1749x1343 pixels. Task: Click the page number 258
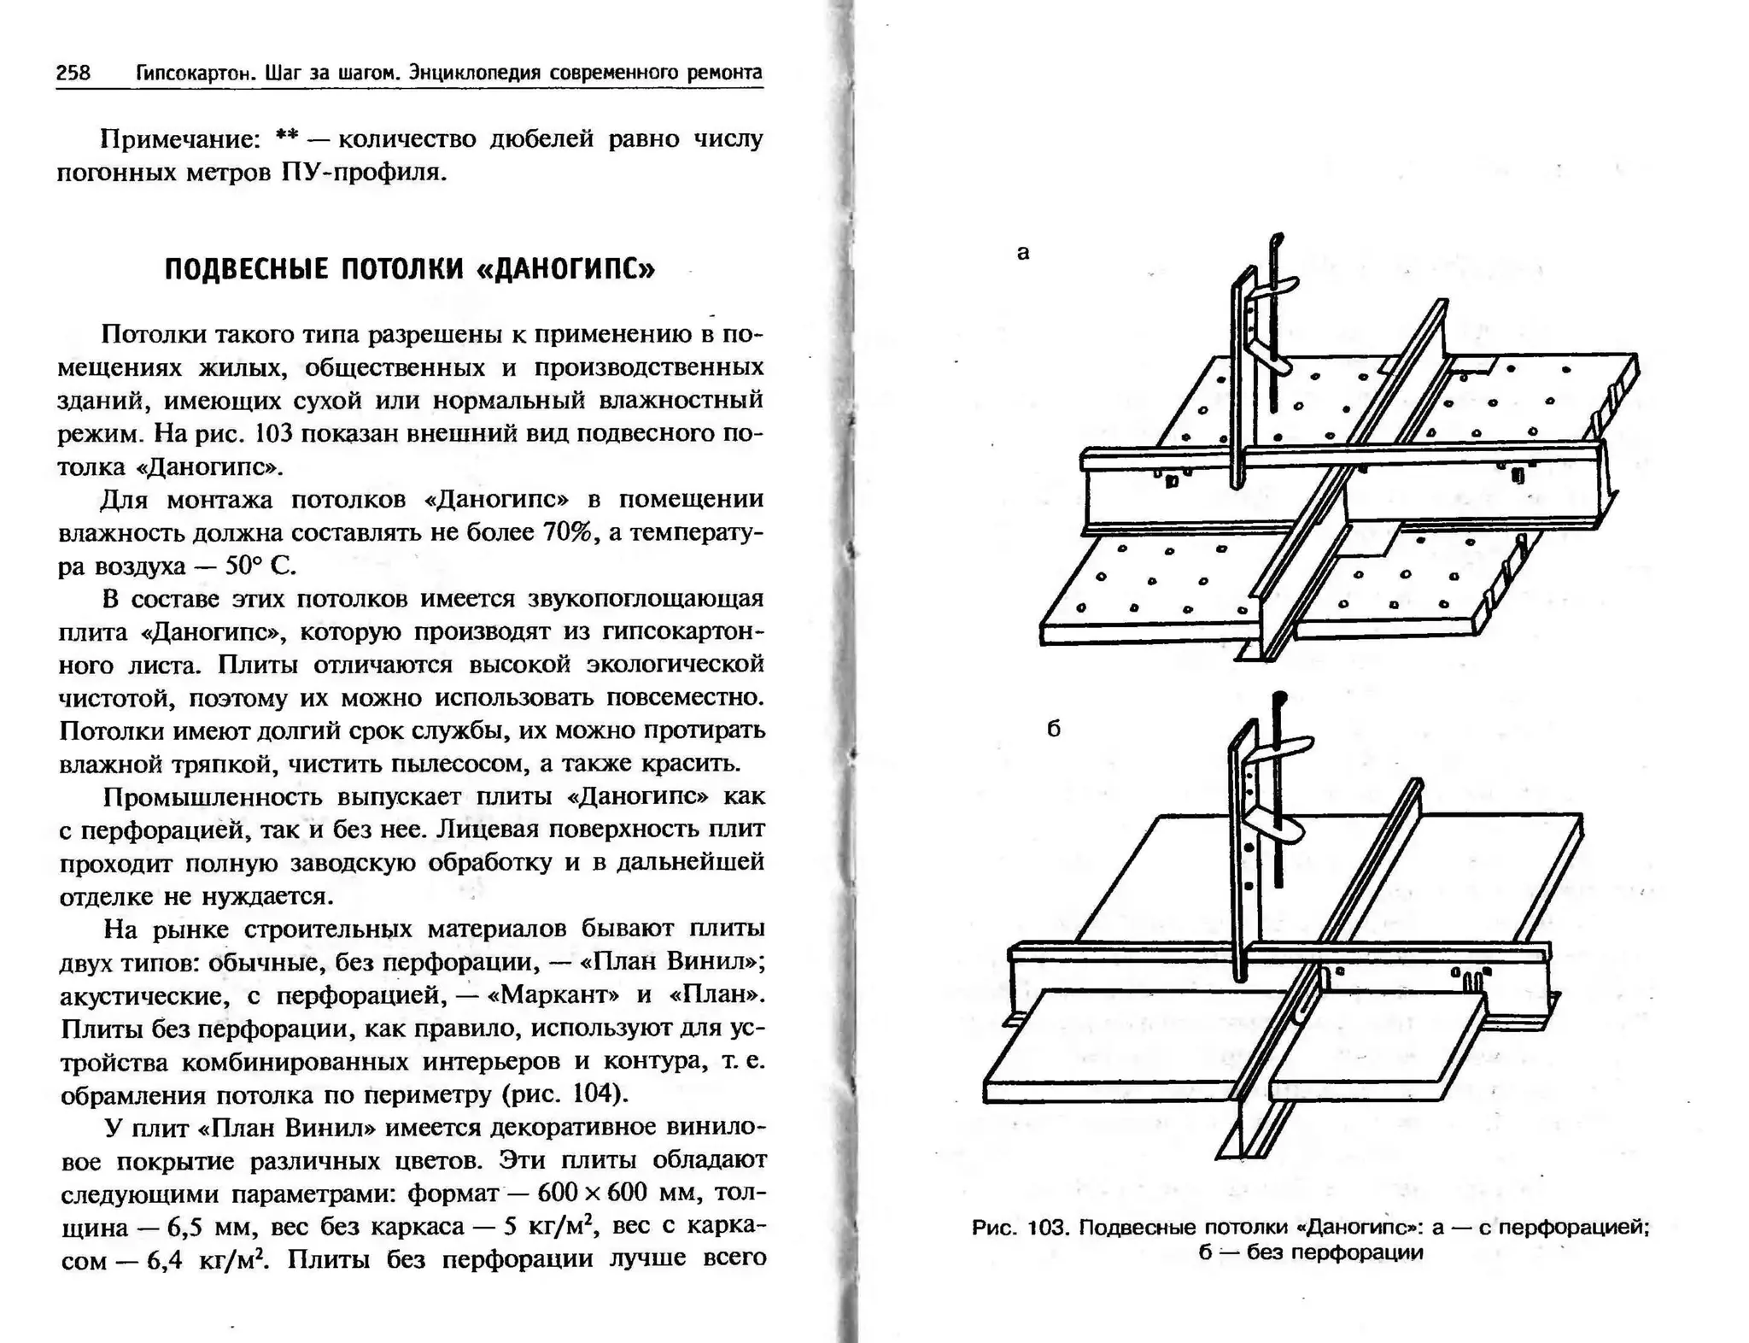pyautogui.click(x=73, y=73)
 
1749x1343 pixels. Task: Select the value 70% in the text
pyautogui.click(x=567, y=532)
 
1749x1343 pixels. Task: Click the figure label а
pyautogui.click(x=1023, y=252)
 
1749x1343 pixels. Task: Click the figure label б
pyautogui.click(x=1053, y=729)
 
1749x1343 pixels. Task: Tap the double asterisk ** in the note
pyautogui.click(x=287, y=138)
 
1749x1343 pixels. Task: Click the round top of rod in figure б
pyautogui.click(x=1278, y=697)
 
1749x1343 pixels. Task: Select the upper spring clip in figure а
pyautogui.click(x=1274, y=287)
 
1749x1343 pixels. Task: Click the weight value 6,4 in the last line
pyautogui.click(x=165, y=1261)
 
